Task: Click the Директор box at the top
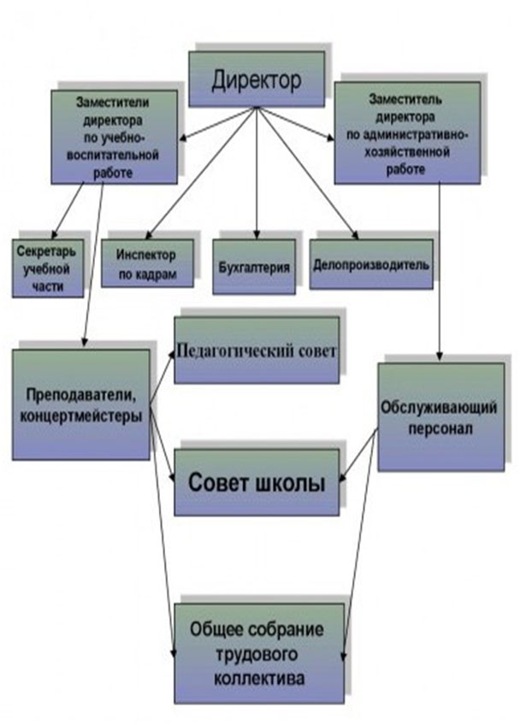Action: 257,79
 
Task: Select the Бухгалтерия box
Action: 254,267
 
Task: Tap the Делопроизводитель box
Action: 371,264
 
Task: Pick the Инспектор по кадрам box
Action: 148,263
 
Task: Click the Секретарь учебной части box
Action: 48,268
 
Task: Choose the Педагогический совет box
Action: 257,350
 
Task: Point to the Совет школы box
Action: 257,482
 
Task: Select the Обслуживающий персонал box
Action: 441,417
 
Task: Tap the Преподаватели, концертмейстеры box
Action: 81,404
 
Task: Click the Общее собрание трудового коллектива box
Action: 259,653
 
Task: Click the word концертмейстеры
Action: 81,416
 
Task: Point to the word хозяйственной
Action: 407,152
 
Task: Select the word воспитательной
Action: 113,155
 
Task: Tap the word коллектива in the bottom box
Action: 259,678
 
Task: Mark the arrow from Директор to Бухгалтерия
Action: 256,173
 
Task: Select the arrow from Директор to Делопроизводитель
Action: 307,173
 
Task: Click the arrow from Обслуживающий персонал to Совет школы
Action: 359,456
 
